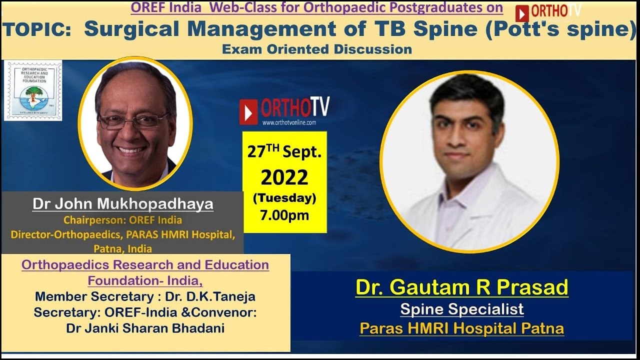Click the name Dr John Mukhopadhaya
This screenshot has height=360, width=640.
point(123,204)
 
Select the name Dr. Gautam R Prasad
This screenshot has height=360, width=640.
point(461,287)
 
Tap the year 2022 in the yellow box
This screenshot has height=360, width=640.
point(284,177)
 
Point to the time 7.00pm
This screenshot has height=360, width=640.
point(284,215)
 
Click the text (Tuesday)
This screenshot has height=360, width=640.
point(284,198)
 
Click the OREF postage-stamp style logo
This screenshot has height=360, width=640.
point(33,90)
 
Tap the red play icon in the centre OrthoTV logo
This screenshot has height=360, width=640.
point(248,111)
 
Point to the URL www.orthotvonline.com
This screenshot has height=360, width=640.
point(289,122)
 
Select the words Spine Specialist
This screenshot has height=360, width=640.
point(461,309)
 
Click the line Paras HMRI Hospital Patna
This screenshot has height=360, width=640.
point(461,328)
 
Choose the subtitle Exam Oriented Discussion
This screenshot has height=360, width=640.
point(317,49)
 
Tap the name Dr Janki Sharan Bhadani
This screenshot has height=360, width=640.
point(145,328)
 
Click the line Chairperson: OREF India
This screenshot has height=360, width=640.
point(122,220)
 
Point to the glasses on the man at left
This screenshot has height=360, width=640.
point(133,120)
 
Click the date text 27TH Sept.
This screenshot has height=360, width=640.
point(284,152)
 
